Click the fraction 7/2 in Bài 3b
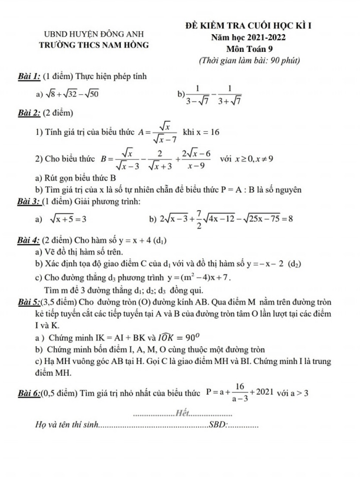(x=200, y=219)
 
